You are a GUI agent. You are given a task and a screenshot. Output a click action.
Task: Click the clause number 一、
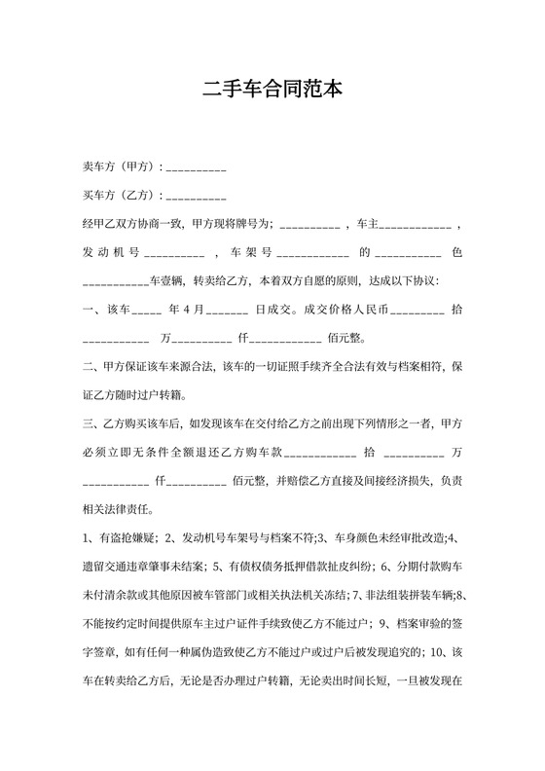(x=93, y=311)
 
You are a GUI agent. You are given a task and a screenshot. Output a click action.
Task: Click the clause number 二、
(x=93, y=367)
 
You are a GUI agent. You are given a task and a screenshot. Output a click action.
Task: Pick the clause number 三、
(x=93, y=424)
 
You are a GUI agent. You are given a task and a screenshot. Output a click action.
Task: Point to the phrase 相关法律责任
(x=116, y=509)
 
